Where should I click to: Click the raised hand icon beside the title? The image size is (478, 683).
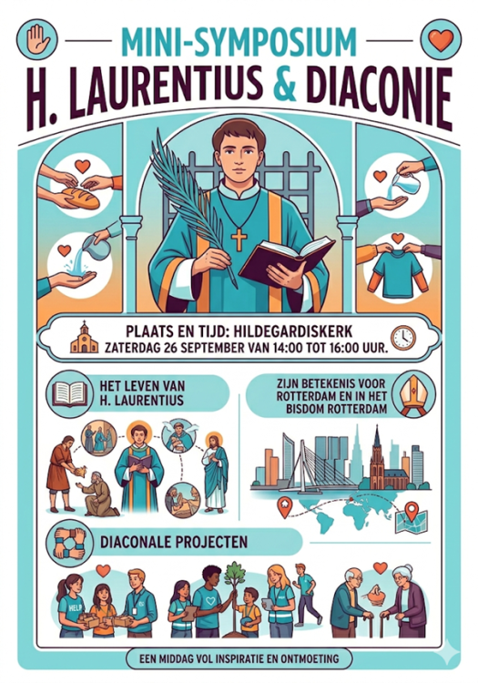click(38, 39)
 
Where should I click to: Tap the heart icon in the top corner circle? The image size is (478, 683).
click(441, 40)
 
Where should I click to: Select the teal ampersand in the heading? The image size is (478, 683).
click(285, 84)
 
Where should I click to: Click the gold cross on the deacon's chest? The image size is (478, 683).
click(239, 239)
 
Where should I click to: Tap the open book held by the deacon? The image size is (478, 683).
click(287, 260)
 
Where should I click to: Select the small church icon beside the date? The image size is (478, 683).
click(84, 337)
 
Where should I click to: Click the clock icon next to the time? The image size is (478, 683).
click(403, 337)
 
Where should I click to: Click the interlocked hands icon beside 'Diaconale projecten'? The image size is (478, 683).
click(69, 542)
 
